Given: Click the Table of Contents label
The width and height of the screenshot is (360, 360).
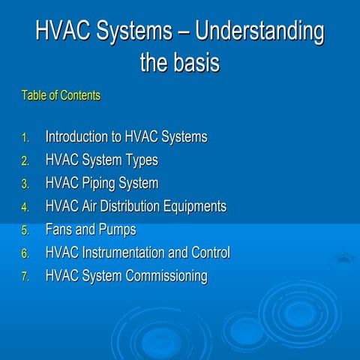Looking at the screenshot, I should pos(61,96).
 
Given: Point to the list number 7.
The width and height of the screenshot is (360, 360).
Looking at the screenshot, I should pos(25,277).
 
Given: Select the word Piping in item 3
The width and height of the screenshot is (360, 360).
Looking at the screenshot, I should pos(97,184).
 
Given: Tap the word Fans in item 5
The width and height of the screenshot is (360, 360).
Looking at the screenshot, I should pos(61,229).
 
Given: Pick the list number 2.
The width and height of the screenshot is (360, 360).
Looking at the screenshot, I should pos(25,161).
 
